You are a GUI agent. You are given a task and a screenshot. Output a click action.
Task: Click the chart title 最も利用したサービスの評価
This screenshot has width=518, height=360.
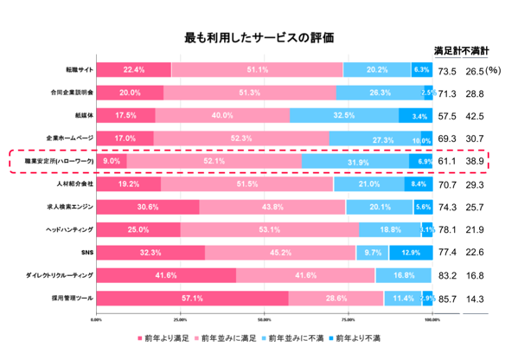[259, 38]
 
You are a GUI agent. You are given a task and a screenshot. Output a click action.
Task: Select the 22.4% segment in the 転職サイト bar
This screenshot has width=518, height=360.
[134, 70]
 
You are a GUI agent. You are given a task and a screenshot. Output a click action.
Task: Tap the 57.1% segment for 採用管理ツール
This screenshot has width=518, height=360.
[192, 298]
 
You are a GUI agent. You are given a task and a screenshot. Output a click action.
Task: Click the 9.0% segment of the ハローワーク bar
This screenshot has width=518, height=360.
[112, 161]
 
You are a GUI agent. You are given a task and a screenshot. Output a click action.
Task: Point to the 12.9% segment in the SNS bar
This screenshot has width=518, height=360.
[411, 252]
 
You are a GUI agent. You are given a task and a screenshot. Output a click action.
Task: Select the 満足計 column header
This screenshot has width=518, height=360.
[448, 48]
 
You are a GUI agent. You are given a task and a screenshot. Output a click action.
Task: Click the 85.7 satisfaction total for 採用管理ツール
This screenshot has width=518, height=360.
[448, 298]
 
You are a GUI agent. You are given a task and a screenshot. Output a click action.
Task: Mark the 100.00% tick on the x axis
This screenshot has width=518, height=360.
[432, 318]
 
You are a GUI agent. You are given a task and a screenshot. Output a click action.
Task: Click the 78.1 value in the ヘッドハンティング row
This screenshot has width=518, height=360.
[448, 229]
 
